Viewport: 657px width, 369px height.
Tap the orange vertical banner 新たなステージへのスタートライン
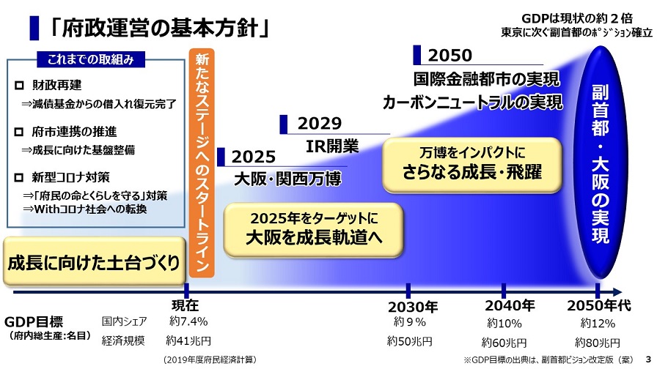coord(202,163)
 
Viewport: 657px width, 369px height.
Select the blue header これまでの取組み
coord(91,59)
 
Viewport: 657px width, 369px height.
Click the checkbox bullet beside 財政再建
coord(19,86)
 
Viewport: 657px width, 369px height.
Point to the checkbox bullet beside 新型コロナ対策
coord(19,177)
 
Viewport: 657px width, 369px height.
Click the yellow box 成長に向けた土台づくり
coord(95,261)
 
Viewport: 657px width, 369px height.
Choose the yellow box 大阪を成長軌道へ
coord(313,230)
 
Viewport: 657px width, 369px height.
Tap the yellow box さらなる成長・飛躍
coord(472,165)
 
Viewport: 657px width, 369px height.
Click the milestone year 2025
coord(254,157)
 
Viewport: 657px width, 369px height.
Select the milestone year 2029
coord(320,124)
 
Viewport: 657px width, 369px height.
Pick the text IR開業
coord(332,146)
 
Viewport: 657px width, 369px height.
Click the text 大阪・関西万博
coord(287,179)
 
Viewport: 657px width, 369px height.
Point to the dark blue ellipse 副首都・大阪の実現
coord(600,163)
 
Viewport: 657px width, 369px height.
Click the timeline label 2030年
coord(413,307)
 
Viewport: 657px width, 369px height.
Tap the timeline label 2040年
coord(510,306)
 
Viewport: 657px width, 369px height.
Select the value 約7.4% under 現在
coord(188,321)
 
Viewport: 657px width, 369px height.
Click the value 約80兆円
coord(598,343)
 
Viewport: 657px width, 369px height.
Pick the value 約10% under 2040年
coord(504,324)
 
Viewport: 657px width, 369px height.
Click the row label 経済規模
coord(123,340)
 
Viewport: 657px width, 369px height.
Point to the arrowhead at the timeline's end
coord(617,292)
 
